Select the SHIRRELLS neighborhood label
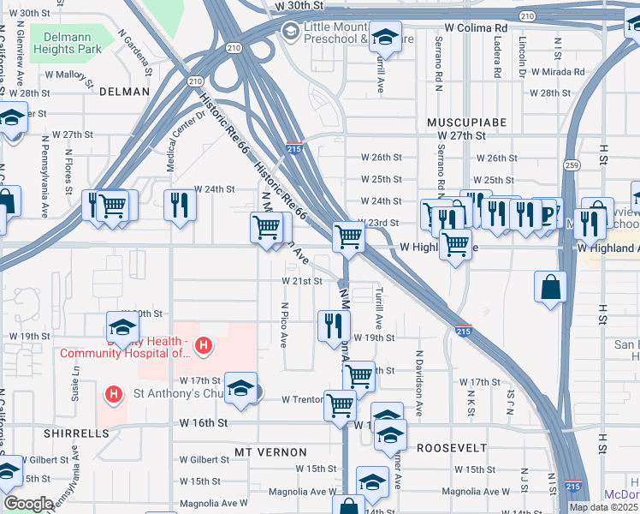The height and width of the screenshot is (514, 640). pos(80,433)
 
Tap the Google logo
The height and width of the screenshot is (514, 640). pos(27,504)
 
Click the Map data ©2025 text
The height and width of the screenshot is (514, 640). pos(603,507)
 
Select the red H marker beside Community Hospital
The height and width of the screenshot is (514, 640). pos(204,346)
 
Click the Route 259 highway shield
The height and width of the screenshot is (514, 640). pos(571,164)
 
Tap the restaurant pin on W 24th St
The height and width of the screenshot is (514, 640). pos(180,204)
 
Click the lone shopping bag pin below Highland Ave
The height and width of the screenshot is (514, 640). pos(550,287)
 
